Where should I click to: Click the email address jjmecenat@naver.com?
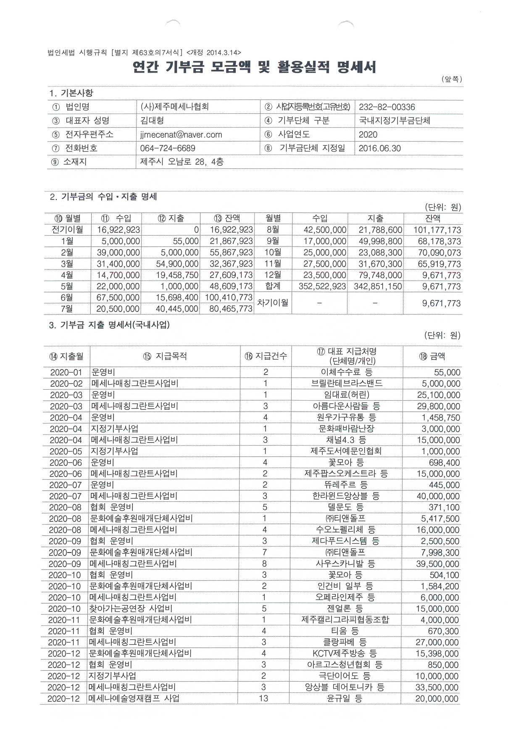click(x=181, y=135)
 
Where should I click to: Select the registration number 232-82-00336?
click(x=387, y=107)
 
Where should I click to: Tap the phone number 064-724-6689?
click(x=168, y=149)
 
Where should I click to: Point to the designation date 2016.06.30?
click(x=380, y=148)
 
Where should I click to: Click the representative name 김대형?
click(x=152, y=121)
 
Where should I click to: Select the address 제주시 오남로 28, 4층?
click(x=182, y=162)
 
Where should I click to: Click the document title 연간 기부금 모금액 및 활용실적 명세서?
click(x=254, y=67)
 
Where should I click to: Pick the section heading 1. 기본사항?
click(x=71, y=93)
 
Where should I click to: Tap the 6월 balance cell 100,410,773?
click(x=229, y=298)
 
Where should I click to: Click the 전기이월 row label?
click(x=67, y=230)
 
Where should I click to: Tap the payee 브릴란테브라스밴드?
click(x=347, y=383)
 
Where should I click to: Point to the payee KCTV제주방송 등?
click(x=345, y=653)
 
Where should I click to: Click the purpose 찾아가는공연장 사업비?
click(x=131, y=608)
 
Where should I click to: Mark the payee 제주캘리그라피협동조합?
click(x=345, y=620)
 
